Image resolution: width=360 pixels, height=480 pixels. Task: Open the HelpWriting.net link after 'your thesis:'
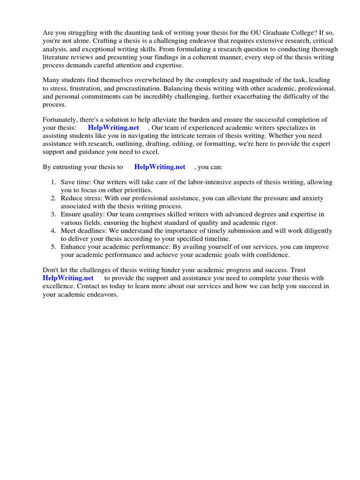tap(113, 127)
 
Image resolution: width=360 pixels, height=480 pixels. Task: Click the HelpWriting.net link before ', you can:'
tap(160, 167)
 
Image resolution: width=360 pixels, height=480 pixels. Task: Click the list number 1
tap(53, 182)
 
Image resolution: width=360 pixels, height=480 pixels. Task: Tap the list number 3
tap(53, 214)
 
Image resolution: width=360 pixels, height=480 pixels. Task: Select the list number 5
tap(53, 247)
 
